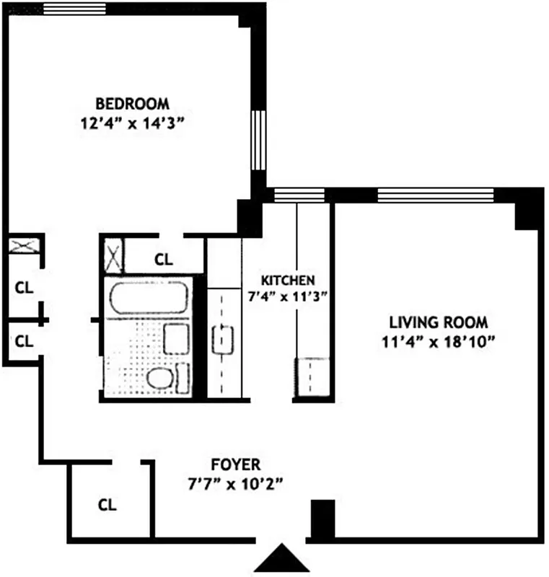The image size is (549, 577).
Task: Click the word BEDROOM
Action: (133, 102)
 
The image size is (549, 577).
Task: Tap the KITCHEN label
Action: (287, 280)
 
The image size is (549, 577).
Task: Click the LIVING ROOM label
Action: (439, 322)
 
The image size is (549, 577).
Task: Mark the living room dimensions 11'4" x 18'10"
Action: (439, 340)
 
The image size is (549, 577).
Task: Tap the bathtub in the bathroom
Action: (149, 298)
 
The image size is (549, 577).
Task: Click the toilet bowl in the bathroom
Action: (159, 377)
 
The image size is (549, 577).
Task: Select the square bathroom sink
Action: (177, 338)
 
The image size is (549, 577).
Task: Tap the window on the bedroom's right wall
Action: (258, 140)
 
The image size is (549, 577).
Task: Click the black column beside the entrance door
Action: (322, 519)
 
